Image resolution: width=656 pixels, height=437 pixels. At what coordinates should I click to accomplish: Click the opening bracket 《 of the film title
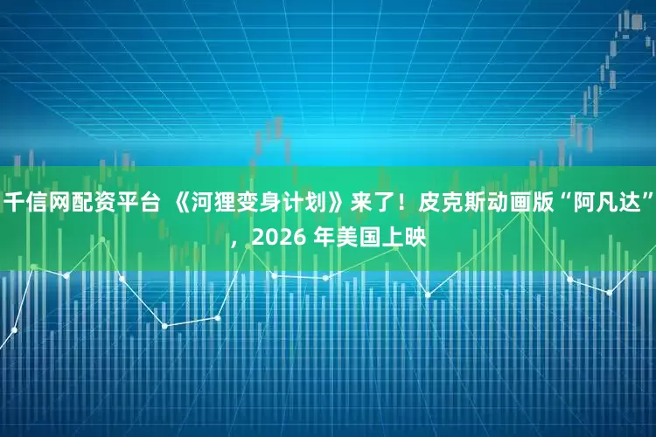click(178, 205)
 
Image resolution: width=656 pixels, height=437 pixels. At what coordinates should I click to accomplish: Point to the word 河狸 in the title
click(213, 205)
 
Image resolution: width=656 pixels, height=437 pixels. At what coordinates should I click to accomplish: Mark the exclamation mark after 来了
click(401, 205)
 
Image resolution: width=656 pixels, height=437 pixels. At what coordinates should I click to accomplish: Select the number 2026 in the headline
click(274, 236)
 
